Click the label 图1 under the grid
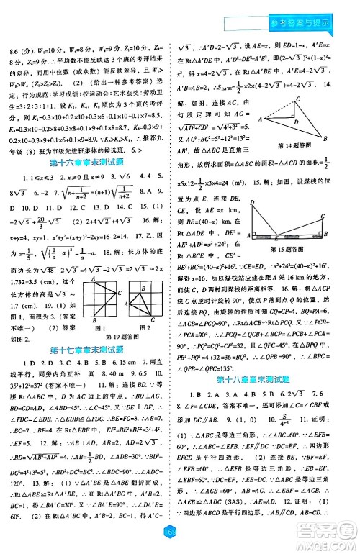[100, 324]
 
